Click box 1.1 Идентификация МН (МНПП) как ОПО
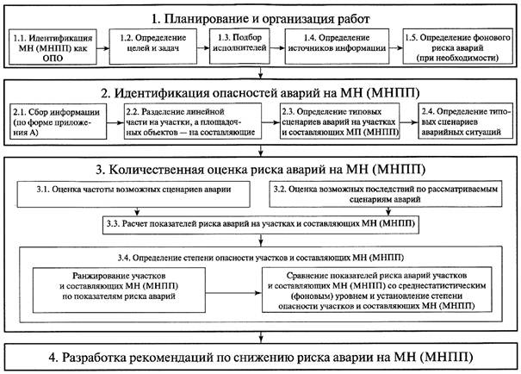53,47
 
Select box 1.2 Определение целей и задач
153,47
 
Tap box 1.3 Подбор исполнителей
239,47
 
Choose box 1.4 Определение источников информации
337,47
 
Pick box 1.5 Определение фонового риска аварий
458,47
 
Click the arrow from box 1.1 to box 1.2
103,48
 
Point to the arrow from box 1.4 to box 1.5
396,48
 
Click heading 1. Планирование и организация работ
260,19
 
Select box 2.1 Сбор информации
59,122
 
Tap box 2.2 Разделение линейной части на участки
193,122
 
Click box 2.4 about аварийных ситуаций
466,121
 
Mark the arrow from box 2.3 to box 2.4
409,122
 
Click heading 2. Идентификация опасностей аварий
260,93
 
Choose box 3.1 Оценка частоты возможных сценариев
133,195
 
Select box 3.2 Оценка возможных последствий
386,194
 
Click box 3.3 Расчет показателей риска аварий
261,226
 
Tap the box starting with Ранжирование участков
119,290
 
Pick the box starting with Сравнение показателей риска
377,290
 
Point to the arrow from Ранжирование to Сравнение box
233,293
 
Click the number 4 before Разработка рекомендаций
53,358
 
